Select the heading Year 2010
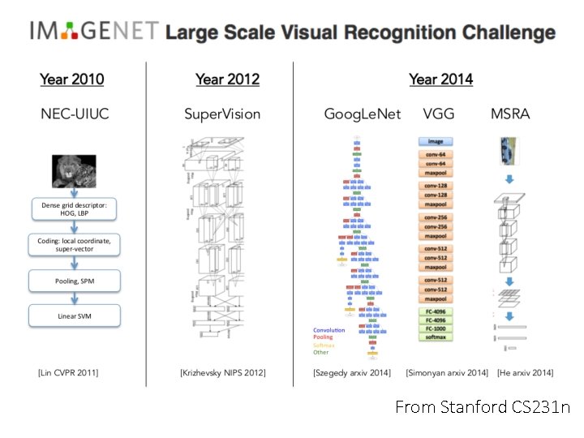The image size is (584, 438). [72, 79]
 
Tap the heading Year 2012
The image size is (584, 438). [227, 79]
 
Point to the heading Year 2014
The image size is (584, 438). [440, 79]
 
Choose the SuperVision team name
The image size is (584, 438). [222, 114]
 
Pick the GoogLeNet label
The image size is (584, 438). [363, 114]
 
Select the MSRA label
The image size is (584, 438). [510, 114]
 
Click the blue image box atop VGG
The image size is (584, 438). [436, 141]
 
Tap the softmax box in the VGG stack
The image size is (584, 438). [436, 337]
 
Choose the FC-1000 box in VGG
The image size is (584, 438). [436, 328]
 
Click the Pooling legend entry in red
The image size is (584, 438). [323, 337]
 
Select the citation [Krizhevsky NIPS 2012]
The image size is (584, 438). [222, 372]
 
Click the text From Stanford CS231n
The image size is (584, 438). [482, 407]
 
